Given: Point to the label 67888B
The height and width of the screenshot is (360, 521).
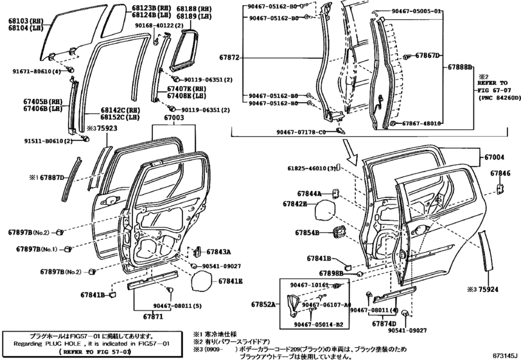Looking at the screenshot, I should tap(461, 67).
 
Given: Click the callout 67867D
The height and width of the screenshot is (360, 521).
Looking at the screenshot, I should tap(427, 56).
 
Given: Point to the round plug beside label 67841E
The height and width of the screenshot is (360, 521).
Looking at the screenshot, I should tap(202, 281).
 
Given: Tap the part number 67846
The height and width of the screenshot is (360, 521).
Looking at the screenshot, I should tap(500, 174).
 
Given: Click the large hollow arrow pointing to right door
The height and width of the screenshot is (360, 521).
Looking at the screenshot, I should tap(351, 153).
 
